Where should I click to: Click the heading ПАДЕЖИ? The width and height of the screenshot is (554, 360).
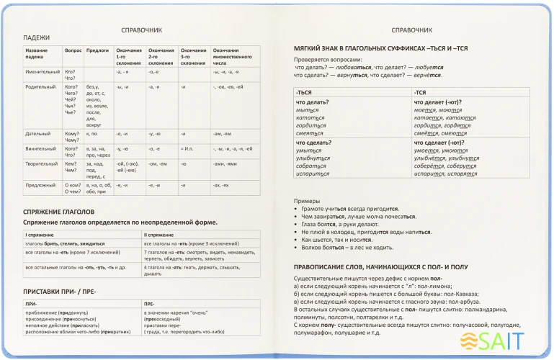[36, 38]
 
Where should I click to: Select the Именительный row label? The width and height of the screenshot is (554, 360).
[43, 72]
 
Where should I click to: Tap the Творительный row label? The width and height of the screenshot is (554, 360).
[41, 163]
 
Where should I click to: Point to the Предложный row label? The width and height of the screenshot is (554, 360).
[40, 185]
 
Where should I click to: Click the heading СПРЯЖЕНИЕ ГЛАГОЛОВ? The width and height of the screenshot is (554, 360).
[59, 212]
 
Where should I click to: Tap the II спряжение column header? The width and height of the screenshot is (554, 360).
[160, 235]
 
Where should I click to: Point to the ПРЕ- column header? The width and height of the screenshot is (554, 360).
[150, 304]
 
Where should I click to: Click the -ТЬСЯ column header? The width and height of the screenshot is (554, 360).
[305, 92]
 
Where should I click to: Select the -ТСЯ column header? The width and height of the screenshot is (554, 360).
[421, 92]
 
